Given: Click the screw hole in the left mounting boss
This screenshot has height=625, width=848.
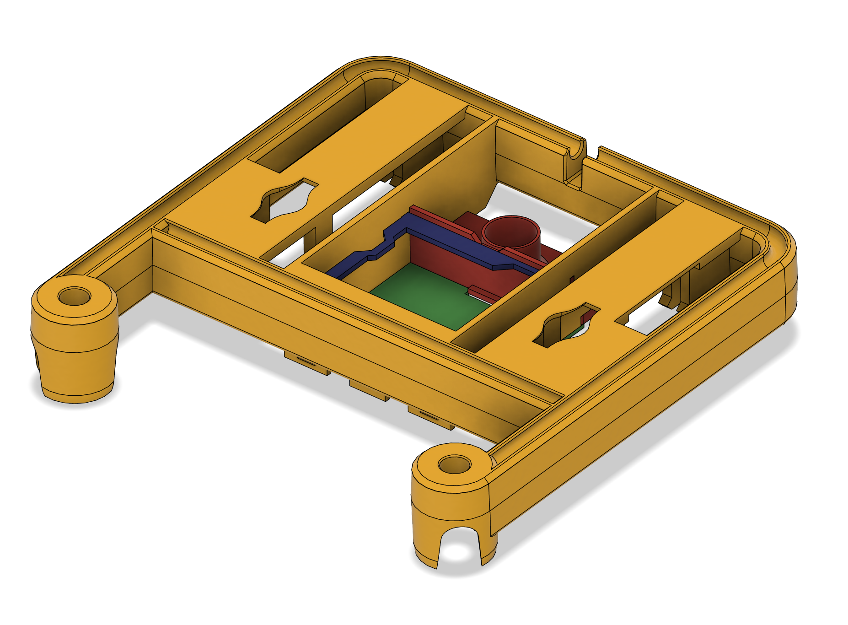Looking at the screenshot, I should click(x=74, y=296).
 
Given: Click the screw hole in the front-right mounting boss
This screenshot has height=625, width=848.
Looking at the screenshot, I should click(x=454, y=465).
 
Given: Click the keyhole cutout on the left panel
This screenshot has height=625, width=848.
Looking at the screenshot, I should click(x=284, y=201).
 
